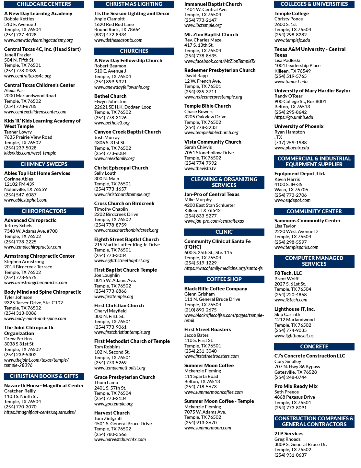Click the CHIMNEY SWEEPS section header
(x=44, y=164)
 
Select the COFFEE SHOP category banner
(x=224, y=279)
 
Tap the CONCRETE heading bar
(x=314, y=346)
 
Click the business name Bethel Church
(x=111, y=96)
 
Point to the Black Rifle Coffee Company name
(x=216, y=288)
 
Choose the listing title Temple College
(x=291, y=14)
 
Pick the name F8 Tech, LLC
(x=288, y=273)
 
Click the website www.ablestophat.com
(x=26, y=200)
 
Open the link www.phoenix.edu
(x=292, y=148)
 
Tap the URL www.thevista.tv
(x=200, y=169)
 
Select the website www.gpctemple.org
(x=113, y=404)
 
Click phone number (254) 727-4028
(x=20, y=35)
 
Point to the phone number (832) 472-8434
(x=111, y=35)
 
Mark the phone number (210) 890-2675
(x=201, y=310)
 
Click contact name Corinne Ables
(x=18, y=179)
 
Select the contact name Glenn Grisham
(x=200, y=294)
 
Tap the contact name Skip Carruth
(x=287, y=314)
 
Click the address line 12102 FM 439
(x=19, y=184)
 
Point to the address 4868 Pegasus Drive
(x=295, y=397)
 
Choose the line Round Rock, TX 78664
(x=118, y=29)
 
